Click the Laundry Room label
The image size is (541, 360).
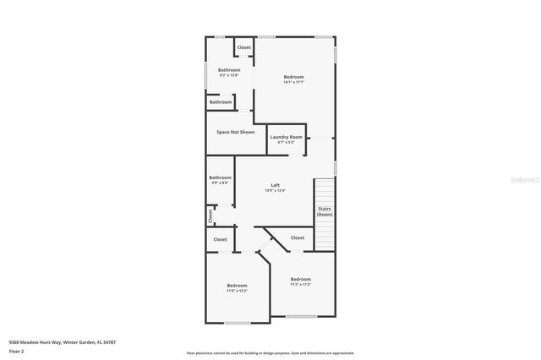point(286,137)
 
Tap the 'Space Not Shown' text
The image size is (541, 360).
point(235,132)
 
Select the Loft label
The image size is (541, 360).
point(275,185)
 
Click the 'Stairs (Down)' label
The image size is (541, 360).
point(325,211)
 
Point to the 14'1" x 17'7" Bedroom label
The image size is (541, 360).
point(293,77)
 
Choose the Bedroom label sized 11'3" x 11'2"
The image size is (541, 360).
point(300,279)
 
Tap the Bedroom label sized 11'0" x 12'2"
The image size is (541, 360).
point(237,286)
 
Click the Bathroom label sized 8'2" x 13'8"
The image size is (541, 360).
point(229,69)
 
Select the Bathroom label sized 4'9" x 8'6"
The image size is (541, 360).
point(221,177)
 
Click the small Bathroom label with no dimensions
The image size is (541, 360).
point(221,101)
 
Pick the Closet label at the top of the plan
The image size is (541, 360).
point(244,47)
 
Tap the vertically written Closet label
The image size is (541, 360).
point(210,216)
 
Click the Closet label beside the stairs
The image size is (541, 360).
point(298,237)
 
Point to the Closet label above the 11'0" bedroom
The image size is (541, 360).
point(220,239)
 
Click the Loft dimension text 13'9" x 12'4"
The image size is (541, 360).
point(275,190)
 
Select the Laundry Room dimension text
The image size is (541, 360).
point(286,142)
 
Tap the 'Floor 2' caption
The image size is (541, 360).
point(16,350)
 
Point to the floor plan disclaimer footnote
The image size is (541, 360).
point(270,352)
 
